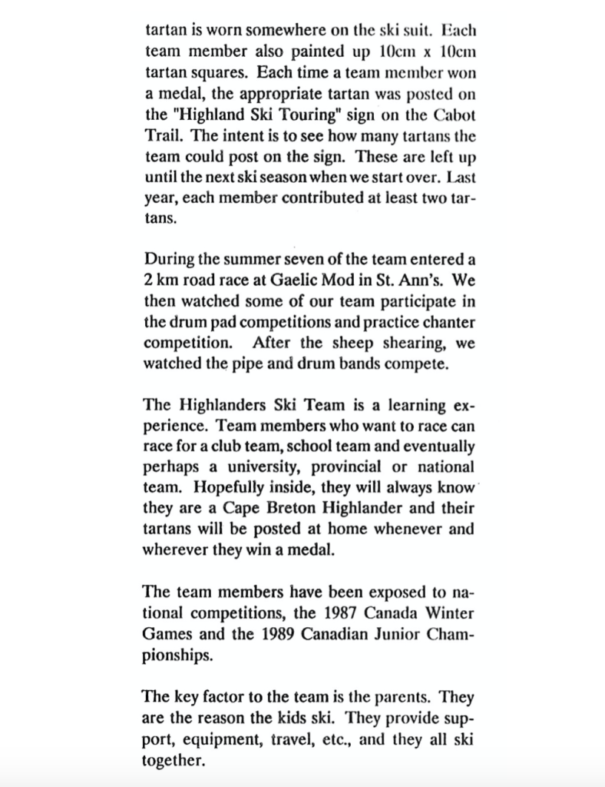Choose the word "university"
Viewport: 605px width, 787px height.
point(272,467)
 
